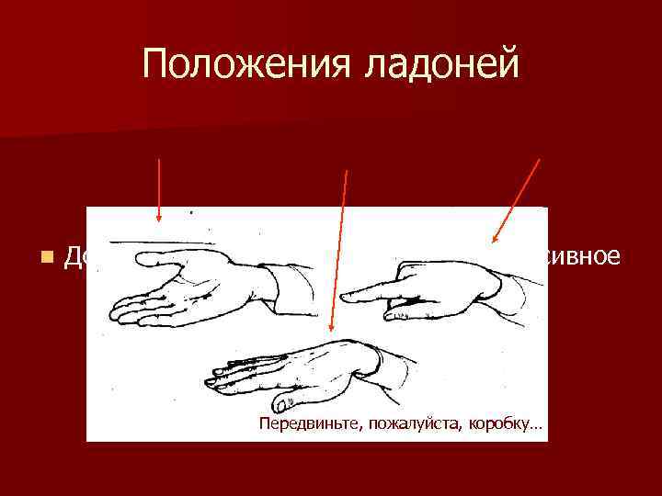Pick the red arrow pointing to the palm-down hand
click(339, 248)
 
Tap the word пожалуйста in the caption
click(410, 424)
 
